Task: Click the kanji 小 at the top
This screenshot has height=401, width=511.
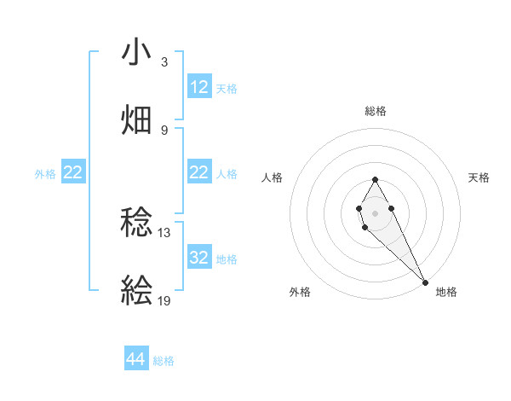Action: pyautogui.click(x=137, y=53)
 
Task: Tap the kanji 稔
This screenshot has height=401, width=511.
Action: pyautogui.click(x=137, y=224)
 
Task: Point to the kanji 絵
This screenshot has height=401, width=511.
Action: pyautogui.click(x=137, y=291)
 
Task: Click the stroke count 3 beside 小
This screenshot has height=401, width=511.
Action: pyautogui.click(x=164, y=62)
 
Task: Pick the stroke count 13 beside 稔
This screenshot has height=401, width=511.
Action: pyautogui.click(x=164, y=232)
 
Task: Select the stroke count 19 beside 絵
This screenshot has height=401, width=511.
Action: pyautogui.click(x=164, y=300)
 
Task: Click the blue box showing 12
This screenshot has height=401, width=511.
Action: pyautogui.click(x=199, y=87)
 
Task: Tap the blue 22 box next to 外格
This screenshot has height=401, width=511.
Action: pyautogui.click(x=72, y=172)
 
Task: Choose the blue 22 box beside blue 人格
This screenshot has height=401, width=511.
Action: pyautogui.click(x=199, y=172)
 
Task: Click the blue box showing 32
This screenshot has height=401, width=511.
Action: pyautogui.click(x=199, y=258)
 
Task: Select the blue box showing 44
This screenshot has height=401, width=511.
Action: pyautogui.click(x=136, y=360)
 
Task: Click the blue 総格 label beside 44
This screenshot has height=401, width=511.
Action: pyautogui.click(x=164, y=361)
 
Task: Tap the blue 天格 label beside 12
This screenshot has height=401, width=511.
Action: pyautogui.click(x=227, y=88)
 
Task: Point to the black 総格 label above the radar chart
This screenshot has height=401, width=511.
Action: pyautogui.click(x=376, y=111)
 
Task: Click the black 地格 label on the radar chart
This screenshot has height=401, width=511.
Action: pyautogui.click(x=446, y=292)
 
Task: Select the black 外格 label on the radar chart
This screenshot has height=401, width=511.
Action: pyautogui.click(x=300, y=292)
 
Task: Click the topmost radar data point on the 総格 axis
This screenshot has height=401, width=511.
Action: pyautogui.click(x=375, y=179)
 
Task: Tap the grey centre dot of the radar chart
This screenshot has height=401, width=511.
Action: pyautogui.click(x=375, y=212)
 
